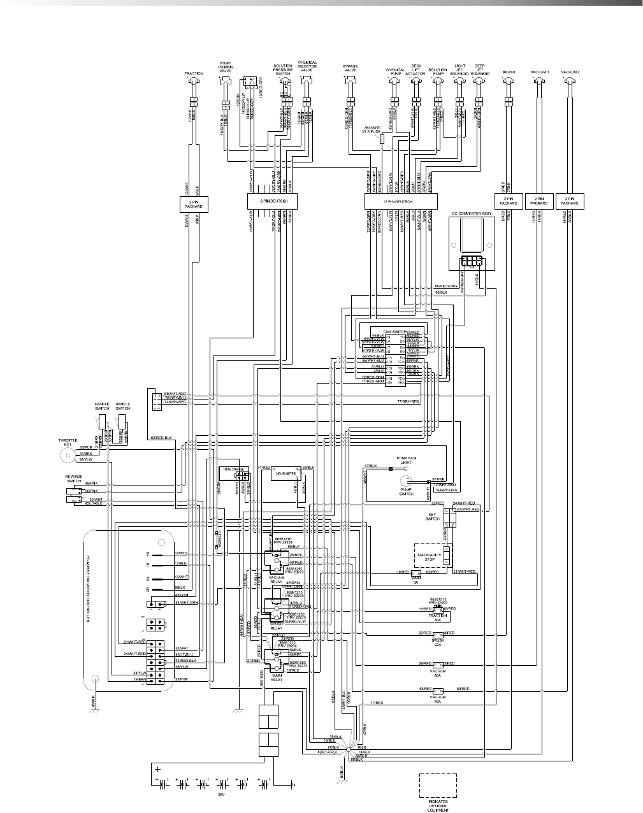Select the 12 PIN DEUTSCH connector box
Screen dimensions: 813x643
coord(400,202)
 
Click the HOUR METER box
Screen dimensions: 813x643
coord(287,474)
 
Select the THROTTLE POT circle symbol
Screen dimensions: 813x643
coord(66,456)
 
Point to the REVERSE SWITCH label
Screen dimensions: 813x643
coord(74,478)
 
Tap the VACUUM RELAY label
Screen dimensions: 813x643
coord(277,580)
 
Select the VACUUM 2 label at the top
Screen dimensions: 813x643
coord(570,73)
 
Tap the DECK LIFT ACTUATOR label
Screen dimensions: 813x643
coord(415,69)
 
